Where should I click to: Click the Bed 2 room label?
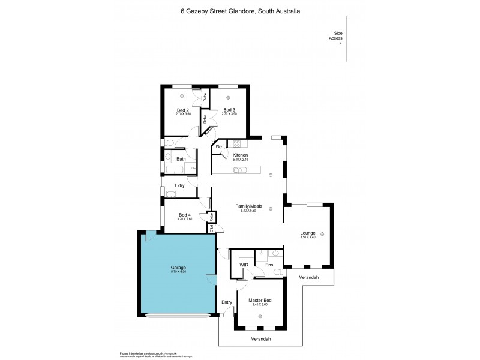click(182, 110)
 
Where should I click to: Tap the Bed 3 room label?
click(229, 110)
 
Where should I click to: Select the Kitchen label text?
click(248, 155)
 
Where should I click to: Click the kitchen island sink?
click(240, 170)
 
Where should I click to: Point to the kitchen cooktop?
click(237, 145)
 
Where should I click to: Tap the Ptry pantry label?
click(219, 146)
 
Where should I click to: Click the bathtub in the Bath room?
click(181, 169)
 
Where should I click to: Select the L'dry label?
click(179, 185)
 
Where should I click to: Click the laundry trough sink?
click(171, 194)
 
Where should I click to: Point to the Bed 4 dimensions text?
click(185, 220)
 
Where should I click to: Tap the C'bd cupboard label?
click(211, 228)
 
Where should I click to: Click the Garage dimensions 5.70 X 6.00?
click(178, 272)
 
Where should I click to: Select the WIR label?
click(244, 264)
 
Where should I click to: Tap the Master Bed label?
click(260, 299)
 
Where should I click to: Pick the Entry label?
click(226, 302)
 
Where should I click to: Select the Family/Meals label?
click(252, 206)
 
